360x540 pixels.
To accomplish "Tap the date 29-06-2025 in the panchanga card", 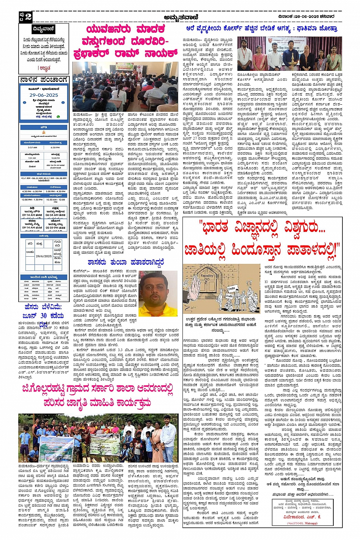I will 43,95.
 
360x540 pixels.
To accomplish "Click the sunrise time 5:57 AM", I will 32,147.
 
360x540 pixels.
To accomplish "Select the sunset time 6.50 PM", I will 55,147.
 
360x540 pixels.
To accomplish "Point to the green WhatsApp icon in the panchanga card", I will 58,117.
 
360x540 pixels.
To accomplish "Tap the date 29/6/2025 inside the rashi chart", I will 43,256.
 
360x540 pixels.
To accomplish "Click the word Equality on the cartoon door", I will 207,275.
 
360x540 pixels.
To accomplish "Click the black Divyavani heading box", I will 44,29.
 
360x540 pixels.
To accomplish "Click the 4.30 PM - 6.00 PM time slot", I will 32,191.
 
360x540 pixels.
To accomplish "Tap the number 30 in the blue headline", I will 44,315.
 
